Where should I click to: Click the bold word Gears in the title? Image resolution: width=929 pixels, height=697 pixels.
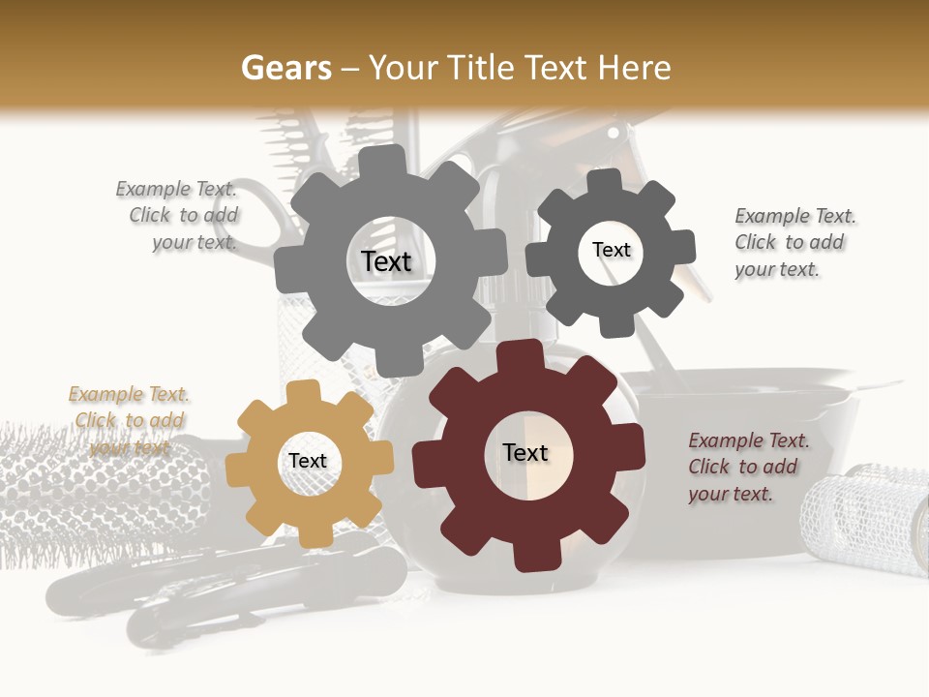[285, 68]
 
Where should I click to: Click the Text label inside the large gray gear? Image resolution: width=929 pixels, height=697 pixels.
[386, 261]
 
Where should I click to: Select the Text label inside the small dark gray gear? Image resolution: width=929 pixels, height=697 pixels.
[611, 250]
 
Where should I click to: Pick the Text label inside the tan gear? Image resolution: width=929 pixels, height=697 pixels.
[308, 462]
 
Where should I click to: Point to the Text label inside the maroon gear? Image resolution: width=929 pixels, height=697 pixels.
[525, 452]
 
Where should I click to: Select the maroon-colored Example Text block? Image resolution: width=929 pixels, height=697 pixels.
[748, 467]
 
